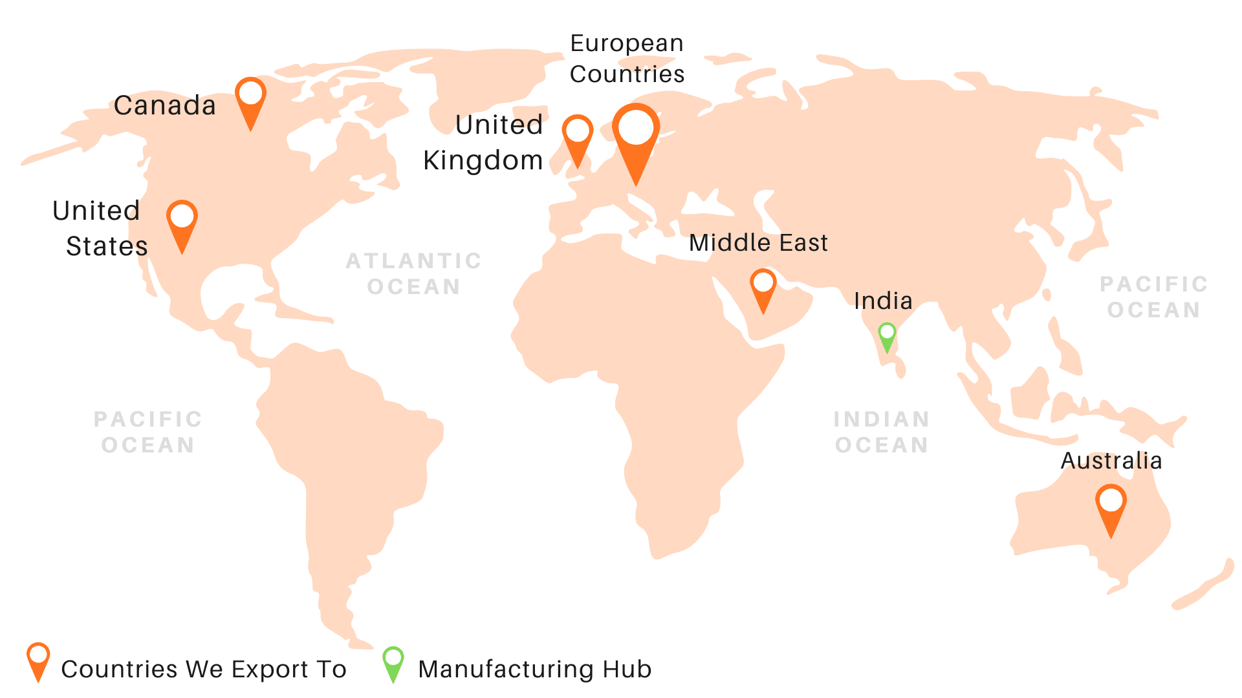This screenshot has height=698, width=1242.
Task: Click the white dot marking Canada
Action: pos(250,92)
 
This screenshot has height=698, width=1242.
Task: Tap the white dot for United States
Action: pos(182,216)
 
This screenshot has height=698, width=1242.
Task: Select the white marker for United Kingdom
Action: pos(577,130)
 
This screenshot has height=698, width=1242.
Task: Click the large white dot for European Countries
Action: pos(636,127)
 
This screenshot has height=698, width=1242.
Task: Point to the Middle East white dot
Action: pos(763,282)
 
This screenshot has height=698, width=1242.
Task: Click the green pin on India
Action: pos(887,335)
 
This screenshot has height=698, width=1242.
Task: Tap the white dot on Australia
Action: pos(1111,500)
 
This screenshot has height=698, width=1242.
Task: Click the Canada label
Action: pos(165,105)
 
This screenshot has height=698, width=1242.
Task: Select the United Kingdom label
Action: pos(484,143)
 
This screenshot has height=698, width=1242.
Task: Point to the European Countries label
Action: pos(627,59)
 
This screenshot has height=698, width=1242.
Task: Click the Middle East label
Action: pos(758,243)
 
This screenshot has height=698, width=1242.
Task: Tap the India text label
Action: pos(883,301)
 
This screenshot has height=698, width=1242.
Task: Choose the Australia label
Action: pos(1111,461)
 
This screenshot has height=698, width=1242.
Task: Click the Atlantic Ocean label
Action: pos(414,273)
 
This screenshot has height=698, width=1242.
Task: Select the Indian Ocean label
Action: pos(882,432)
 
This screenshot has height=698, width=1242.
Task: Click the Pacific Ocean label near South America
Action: pos(148,432)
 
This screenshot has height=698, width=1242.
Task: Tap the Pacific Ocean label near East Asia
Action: pos(1154,297)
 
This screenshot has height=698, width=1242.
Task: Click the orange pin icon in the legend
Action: pos(38,660)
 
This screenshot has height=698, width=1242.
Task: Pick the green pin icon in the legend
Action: pos(393,662)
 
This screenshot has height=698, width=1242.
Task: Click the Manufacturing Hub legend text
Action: pos(535,669)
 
